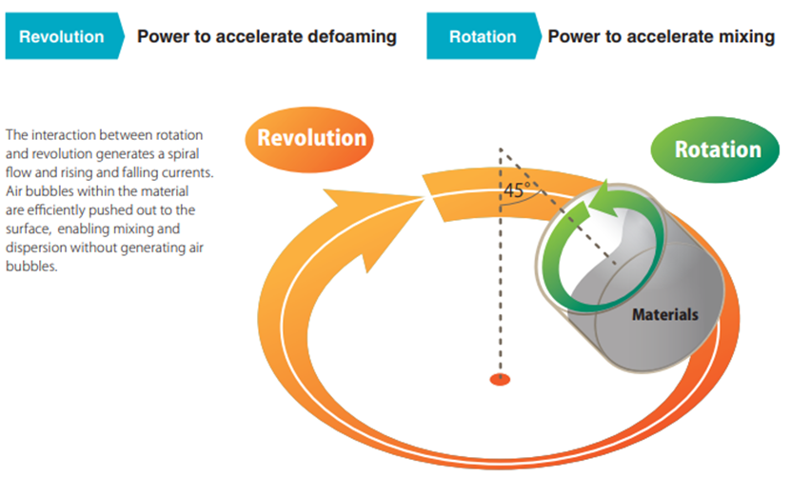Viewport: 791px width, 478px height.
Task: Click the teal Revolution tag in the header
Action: point(62,37)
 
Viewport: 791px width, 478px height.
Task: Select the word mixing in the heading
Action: point(748,37)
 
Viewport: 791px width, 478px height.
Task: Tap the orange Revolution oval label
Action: point(311,137)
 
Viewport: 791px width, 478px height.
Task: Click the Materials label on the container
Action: point(665,314)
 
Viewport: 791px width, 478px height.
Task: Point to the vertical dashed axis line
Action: point(499,286)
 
